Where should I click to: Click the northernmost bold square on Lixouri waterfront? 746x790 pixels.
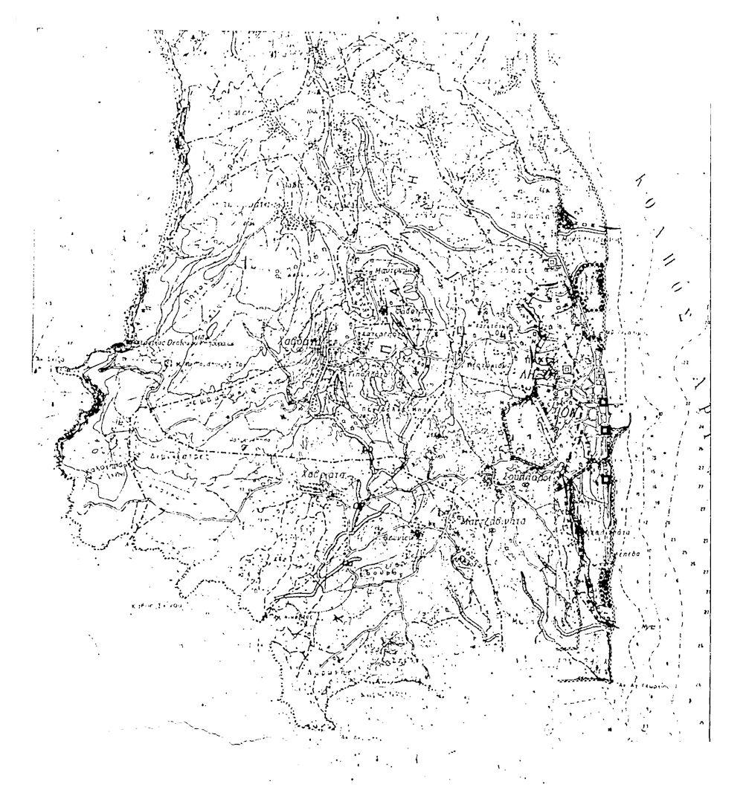pyautogui.click(x=602, y=403)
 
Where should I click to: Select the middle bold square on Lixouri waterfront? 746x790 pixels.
pyautogui.click(x=606, y=430)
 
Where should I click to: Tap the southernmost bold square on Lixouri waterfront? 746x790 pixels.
pyautogui.click(x=607, y=480)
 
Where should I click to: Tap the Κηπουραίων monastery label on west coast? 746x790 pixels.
pyautogui.click(x=179, y=345)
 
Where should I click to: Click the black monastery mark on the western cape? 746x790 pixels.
pyautogui.click(x=119, y=346)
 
